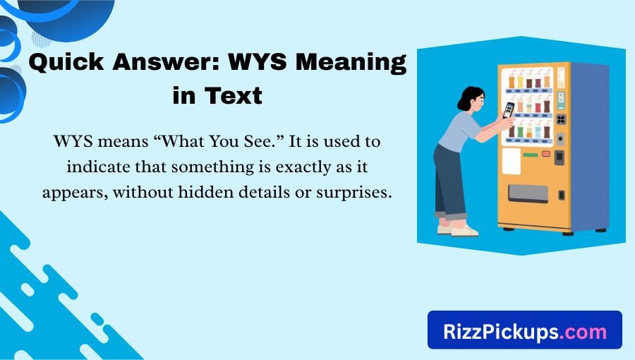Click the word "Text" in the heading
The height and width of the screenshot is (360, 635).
click(236, 95)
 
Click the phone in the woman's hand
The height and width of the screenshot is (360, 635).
click(508, 110)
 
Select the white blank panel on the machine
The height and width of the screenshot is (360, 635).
click(511, 161)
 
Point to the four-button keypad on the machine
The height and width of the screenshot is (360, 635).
click(561, 119)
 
